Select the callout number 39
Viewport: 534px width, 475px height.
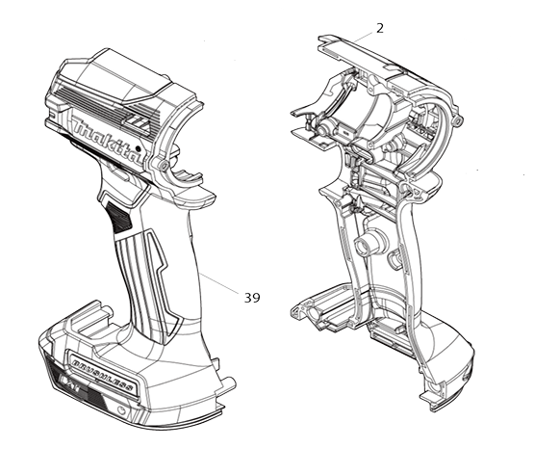(252, 298)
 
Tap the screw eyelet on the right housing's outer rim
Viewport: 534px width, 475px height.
(459, 121)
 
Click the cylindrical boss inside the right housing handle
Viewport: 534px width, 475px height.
(367, 243)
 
